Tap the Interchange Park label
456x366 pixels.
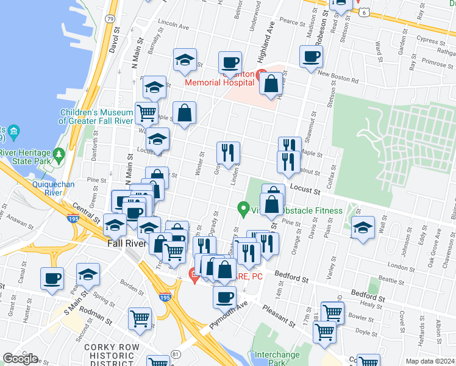280,358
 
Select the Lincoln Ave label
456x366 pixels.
173,26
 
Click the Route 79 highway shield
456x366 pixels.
109,19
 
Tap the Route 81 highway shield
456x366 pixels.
176,354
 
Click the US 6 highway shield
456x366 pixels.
364,12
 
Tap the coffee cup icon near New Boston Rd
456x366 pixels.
311,57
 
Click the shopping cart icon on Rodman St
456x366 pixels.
140,317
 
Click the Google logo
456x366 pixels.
20,359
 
